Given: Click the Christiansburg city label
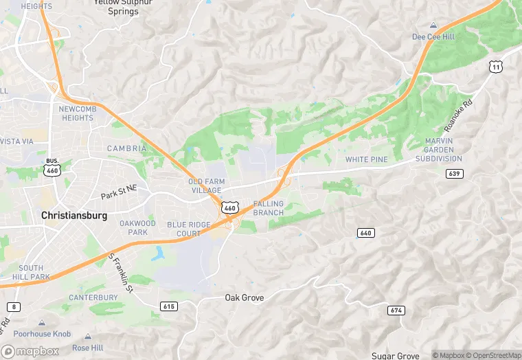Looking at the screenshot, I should coord(74,215).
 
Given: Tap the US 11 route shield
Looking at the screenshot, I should coord(495,66).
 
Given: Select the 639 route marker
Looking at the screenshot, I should coord(453,173).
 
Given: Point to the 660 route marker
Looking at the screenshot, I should coord(366,233).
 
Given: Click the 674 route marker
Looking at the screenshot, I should coord(396,311).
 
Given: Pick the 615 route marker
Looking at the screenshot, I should coord(168,305).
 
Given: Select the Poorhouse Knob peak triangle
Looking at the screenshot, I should coord(42,322).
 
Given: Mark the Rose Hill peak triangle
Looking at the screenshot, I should coord(88,336).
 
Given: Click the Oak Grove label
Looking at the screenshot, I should coord(245,297).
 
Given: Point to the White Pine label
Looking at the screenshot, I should coord(366,159).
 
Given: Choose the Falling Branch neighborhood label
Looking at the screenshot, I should coord(268,208).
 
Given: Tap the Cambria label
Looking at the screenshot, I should coord(126,148).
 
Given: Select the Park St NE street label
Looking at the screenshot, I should coord(119,196).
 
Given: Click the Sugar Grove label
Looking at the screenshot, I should coord(396,355).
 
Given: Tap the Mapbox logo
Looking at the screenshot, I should coord(30,350).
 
